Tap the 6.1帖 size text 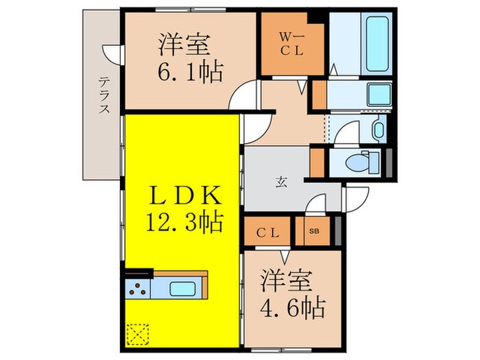tap(183, 72)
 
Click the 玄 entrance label tap(282, 182)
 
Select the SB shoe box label tap(314, 232)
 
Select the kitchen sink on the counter tap(182, 287)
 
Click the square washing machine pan tap(374, 93)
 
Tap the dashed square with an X tap(137, 334)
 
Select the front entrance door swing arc tap(355, 198)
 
